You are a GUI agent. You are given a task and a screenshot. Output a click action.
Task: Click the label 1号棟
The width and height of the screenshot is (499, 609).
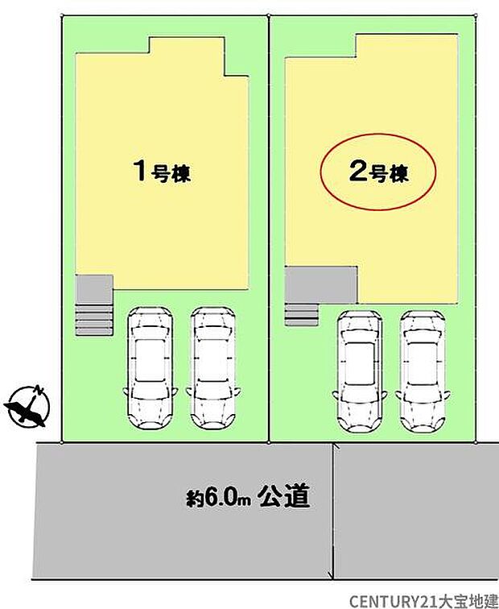[x=162, y=172]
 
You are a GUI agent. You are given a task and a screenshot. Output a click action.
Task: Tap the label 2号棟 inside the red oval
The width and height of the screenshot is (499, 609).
[x=379, y=172]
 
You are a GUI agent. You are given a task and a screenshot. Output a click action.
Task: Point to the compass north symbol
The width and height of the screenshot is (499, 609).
[x=27, y=406]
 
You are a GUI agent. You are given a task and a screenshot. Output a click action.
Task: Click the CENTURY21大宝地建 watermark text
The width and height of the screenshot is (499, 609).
[x=422, y=600]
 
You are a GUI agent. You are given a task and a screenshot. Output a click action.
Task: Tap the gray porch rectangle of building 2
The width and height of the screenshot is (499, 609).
[x=320, y=284]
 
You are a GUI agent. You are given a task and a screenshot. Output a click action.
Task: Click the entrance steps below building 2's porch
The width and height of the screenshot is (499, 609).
[x=301, y=313]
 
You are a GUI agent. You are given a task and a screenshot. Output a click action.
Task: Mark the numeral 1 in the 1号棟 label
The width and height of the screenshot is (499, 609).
[x=139, y=171]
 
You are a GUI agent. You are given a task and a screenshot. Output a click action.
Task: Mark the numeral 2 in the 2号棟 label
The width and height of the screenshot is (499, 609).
[x=357, y=172]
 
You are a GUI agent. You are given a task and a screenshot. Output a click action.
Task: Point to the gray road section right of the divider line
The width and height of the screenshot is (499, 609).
[x=414, y=507]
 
